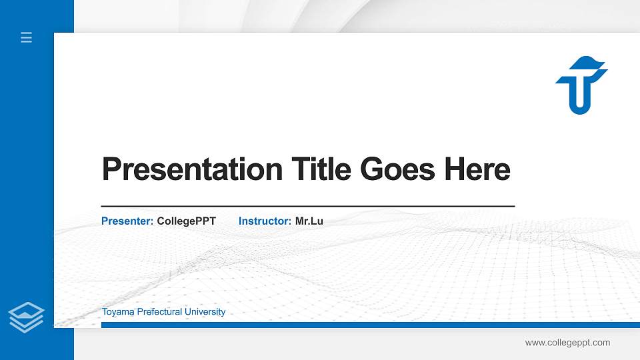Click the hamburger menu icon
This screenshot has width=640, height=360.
pyautogui.click(x=27, y=38)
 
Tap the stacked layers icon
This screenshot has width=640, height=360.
pyautogui.click(x=27, y=317)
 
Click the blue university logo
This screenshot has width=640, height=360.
pyautogui.click(x=581, y=85)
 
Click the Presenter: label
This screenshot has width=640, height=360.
pyautogui.click(x=127, y=221)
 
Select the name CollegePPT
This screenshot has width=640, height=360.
pyautogui.click(x=186, y=221)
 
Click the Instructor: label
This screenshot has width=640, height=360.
pyautogui.click(x=265, y=221)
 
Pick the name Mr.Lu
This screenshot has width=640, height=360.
pyautogui.click(x=309, y=221)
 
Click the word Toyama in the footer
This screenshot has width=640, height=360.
pyautogui.click(x=117, y=312)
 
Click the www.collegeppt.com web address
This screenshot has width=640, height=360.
pyautogui.click(x=567, y=343)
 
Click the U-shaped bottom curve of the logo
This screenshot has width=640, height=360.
pyautogui.click(x=579, y=107)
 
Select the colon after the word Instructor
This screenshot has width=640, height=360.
pyautogui.click(x=290, y=221)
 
